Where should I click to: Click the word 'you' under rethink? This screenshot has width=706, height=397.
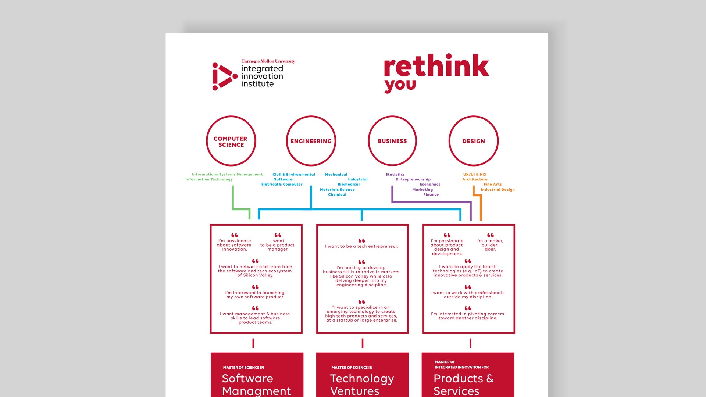pos(400,85)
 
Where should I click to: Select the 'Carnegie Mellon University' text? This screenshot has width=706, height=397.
pos(268,61)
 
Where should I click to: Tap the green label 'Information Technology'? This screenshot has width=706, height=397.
pos(209,179)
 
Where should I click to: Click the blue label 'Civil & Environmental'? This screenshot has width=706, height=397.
pos(294,174)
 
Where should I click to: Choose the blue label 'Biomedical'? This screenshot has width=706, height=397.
pos(349,185)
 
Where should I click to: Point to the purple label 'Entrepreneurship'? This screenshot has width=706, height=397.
pos(413,179)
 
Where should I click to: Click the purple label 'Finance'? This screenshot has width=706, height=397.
pos(431,194)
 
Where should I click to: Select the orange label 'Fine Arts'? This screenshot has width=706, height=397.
pos(493,185)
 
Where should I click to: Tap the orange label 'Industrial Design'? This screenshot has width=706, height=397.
pos(498,190)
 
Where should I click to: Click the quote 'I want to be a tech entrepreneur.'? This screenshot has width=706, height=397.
pos(362,246)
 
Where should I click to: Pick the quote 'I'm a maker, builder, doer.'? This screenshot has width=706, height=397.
pos(490,245)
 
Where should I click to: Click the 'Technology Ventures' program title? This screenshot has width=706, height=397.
pos(362,385)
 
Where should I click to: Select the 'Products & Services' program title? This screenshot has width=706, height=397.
pos(464,385)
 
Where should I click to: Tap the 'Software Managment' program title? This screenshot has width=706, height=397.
pos(256,385)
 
